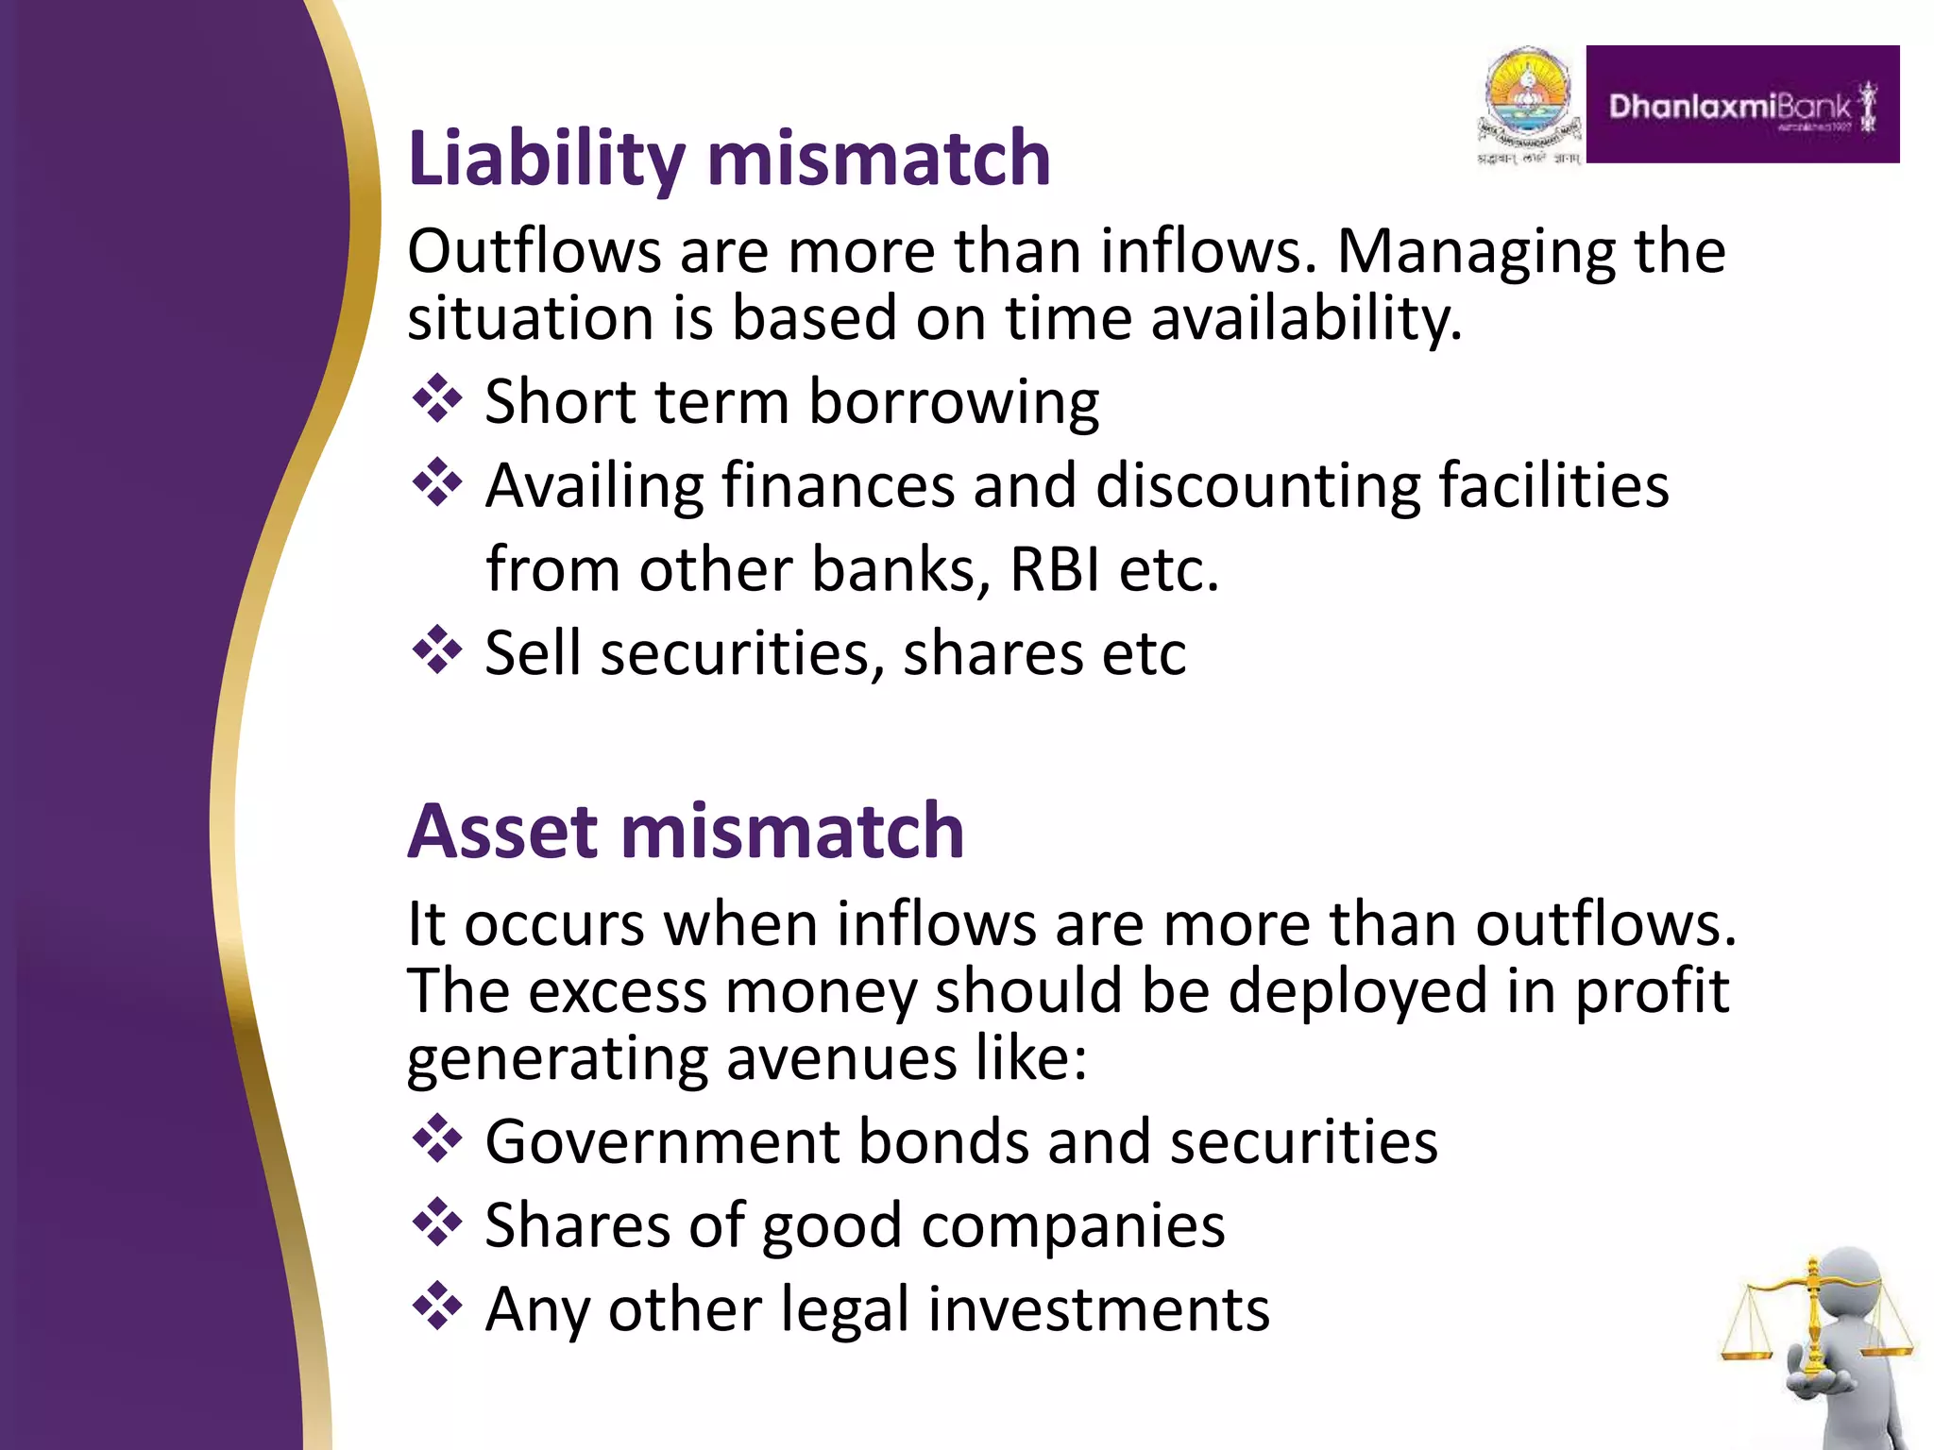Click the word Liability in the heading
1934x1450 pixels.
coord(546,159)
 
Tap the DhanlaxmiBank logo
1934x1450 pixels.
coord(1742,105)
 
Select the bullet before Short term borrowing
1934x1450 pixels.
coord(437,399)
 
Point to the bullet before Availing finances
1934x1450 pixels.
coord(437,482)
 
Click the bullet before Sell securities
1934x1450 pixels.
coord(437,650)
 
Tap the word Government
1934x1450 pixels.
coord(662,1141)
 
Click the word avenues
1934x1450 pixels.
coord(841,1058)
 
